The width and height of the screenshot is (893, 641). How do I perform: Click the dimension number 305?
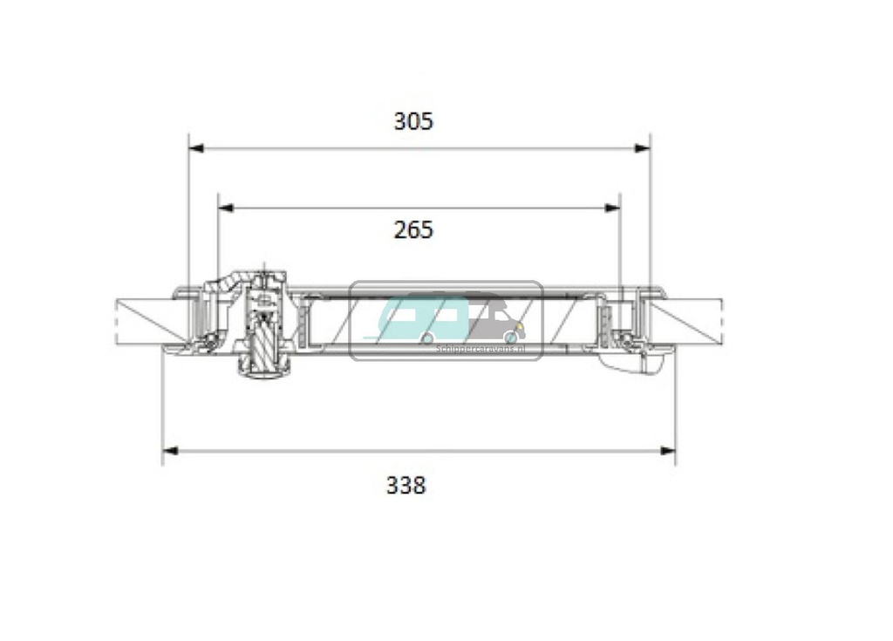coord(412,121)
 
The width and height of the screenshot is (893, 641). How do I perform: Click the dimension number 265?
coord(412,230)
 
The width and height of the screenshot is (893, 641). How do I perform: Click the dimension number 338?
coord(406,485)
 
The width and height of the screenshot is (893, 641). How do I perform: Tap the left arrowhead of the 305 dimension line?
coord(196,149)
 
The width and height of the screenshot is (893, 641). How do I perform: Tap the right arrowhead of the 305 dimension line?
coord(643,149)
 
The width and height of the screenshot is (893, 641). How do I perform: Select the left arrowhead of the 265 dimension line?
coord(225,208)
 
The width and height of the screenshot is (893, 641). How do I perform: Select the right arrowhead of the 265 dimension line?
coord(613,208)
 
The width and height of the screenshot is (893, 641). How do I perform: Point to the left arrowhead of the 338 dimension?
coord(170,451)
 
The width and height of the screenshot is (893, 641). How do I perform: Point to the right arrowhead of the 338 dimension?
coord(668,451)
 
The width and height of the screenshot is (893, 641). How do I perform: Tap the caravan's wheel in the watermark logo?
coord(427,337)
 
